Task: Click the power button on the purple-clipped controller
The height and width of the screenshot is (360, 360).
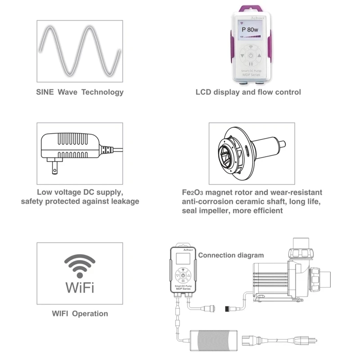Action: pos(251,56)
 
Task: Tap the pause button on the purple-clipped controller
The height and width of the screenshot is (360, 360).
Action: pos(251,64)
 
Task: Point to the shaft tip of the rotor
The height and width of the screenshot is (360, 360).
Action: pos(282,145)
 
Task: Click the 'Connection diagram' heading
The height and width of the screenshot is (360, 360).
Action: pos(231,255)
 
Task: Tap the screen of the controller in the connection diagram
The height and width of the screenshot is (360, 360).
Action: pos(183,259)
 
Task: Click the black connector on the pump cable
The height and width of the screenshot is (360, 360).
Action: pos(229,308)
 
